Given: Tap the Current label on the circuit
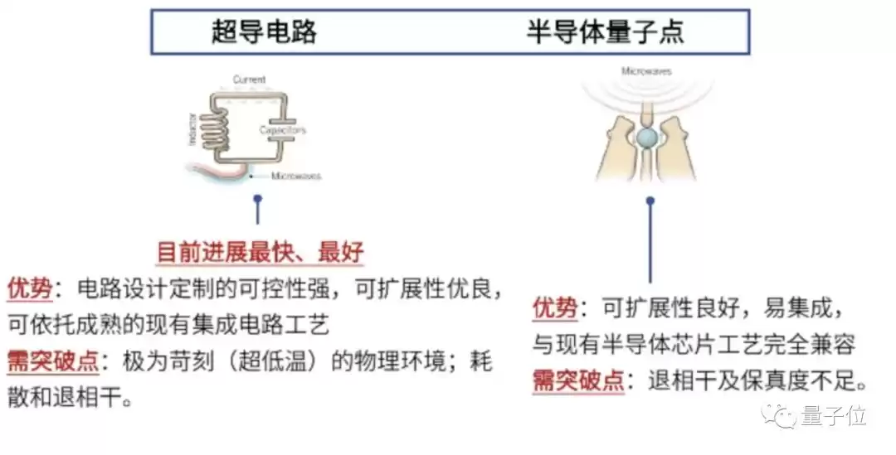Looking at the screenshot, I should (249, 80).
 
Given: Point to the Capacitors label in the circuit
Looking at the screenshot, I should (282, 130).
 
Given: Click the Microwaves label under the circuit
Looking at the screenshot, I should (296, 176).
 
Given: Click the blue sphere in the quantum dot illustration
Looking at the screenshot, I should (648, 135).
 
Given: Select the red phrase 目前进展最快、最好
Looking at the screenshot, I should (260, 252).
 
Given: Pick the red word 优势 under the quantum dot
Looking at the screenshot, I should (555, 309).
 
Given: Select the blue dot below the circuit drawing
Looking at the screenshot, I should (258, 199).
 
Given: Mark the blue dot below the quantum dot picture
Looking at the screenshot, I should (650, 201).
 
